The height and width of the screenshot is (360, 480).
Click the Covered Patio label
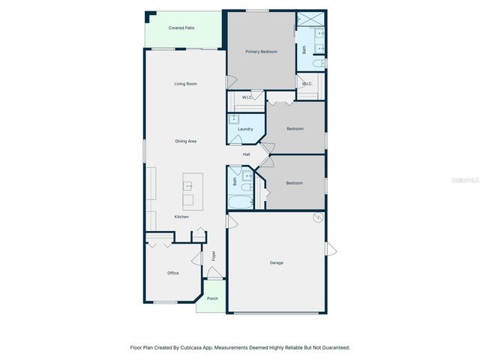pos(181,28)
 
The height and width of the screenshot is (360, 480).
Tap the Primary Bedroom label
pos(261,52)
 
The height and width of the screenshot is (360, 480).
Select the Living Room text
pos(185,84)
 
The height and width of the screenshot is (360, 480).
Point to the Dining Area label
pos(185,141)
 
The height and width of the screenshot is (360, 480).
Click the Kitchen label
pos(181,217)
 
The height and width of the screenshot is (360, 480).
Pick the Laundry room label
pos(245,129)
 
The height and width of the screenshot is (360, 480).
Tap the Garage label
pos(277,262)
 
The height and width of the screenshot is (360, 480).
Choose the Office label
pos(172,273)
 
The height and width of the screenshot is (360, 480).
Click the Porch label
pos(212,298)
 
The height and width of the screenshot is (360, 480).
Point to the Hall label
pos(246,154)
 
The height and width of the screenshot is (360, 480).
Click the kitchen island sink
pos(187,184)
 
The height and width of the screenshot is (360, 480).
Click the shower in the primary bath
pos(310,19)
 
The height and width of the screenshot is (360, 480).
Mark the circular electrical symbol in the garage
pos(317,218)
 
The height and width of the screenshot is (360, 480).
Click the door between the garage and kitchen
pos(232,222)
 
